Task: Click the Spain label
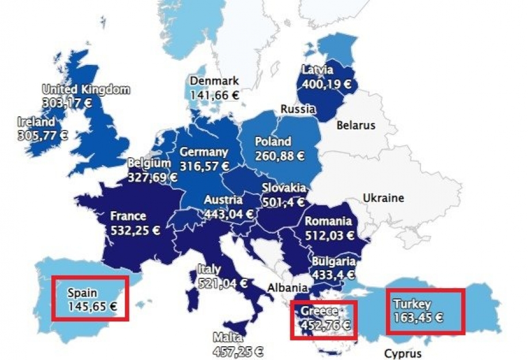click(x=82, y=293)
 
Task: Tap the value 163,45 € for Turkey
click(x=418, y=317)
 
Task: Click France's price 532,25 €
click(x=135, y=231)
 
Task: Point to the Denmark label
click(x=214, y=81)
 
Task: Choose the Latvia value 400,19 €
click(x=326, y=84)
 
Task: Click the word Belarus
click(x=355, y=125)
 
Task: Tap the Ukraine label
click(x=383, y=198)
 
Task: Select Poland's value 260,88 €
click(x=280, y=155)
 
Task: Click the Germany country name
click(x=204, y=152)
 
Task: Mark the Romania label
click(x=328, y=221)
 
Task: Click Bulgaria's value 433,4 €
click(x=334, y=275)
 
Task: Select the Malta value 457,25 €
click(x=238, y=350)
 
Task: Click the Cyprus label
click(x=403, y=353)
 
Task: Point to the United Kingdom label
click(x=86, y=90)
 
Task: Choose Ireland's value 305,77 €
click(x=43, y=136)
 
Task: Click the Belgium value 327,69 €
click(x=152, y=177)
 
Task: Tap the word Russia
click(x=297, y=109)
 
